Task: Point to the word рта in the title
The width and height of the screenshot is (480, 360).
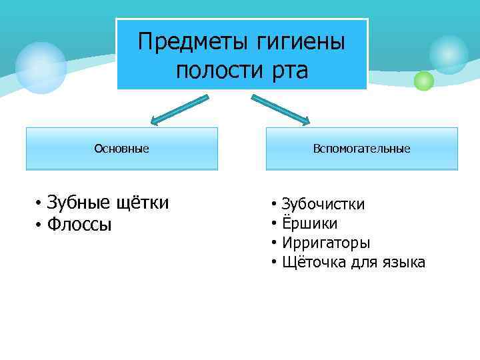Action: [x=289, y=69]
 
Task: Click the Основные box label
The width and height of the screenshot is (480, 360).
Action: [x=121, y=148]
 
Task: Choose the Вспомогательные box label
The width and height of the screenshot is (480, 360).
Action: [x=361, y=148]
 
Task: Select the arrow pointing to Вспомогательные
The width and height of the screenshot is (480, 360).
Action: [x=280, y=110]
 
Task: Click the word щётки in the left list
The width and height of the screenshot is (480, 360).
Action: [x=143, y=202]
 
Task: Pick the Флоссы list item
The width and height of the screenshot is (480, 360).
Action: [x=79, y=225]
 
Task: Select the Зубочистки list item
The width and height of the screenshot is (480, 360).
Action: [x=323, y=203]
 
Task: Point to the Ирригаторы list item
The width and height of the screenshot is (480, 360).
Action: [x=326, y=243]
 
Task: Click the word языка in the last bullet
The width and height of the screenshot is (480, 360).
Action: [x=403, y=262]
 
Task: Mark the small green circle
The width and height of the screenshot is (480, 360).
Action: [x=423, y=81]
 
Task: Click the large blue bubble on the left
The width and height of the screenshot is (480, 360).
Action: [x=41, y=67]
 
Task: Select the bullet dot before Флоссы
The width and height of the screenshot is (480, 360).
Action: [x=40, y=226]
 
